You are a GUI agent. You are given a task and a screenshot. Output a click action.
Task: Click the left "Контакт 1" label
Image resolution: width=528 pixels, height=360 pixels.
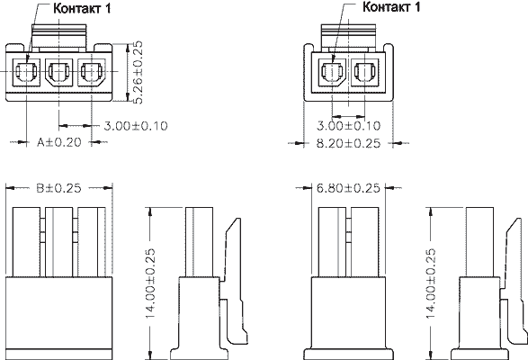[x=82, y=8]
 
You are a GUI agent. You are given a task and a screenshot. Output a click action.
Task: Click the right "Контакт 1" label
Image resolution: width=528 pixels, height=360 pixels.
[x=391, y=6]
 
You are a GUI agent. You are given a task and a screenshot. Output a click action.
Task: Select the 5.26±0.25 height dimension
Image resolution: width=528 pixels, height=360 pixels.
[x=137, y=72]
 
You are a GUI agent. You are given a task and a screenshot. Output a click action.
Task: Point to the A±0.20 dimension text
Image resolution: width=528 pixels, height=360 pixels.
[x=59, y=142]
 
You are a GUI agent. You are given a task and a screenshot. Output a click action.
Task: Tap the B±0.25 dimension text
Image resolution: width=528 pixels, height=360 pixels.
[x=58, y=188]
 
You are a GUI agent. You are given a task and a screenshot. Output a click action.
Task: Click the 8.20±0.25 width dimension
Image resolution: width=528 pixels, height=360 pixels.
[x=348, y=143]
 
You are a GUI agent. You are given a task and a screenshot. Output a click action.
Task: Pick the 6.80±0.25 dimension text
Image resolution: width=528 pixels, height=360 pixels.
[x=348, y=188]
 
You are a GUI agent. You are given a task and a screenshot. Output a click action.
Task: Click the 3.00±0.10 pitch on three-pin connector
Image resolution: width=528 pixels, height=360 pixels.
[x=135, y=126]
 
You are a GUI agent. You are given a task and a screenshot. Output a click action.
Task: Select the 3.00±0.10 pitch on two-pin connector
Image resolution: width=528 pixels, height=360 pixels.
[x=348, y=125]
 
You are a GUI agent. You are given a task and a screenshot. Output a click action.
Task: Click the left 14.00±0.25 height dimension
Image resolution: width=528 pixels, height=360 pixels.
[x=149, y=283]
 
